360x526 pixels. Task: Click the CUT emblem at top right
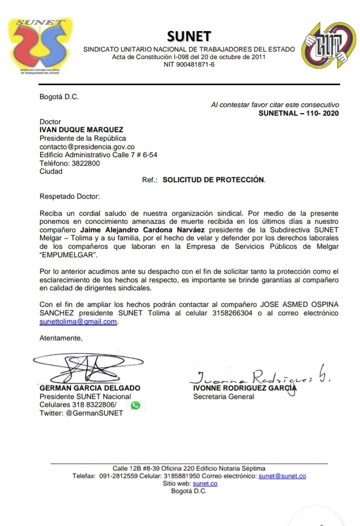pyautogui.click(x=328, y=45)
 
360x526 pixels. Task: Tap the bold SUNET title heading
pyautogui.click(x=189, y=36)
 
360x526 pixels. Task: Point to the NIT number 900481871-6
pyautogui.click(x=189, y=65)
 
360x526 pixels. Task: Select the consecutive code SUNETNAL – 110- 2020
pyautogui.click(x=298, y=114)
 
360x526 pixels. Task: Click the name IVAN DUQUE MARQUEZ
pyautogui.click(x=81, y=130)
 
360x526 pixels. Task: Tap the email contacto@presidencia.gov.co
pyautogui.click(x=87, y=147)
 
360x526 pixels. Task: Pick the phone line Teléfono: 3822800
pyautogui.click(x=69, y=163)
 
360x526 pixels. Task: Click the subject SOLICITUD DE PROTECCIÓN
pyautogui.click(x=214, y=180)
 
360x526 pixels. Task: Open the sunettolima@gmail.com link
pyautogui.click(x=78, y=322)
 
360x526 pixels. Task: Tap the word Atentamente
pyautogui.click(x=60, y=338)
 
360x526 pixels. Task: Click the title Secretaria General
pyautogui.click(x=223, y=397)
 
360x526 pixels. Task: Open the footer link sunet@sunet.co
pyautogui.click(x=282, y=476)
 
